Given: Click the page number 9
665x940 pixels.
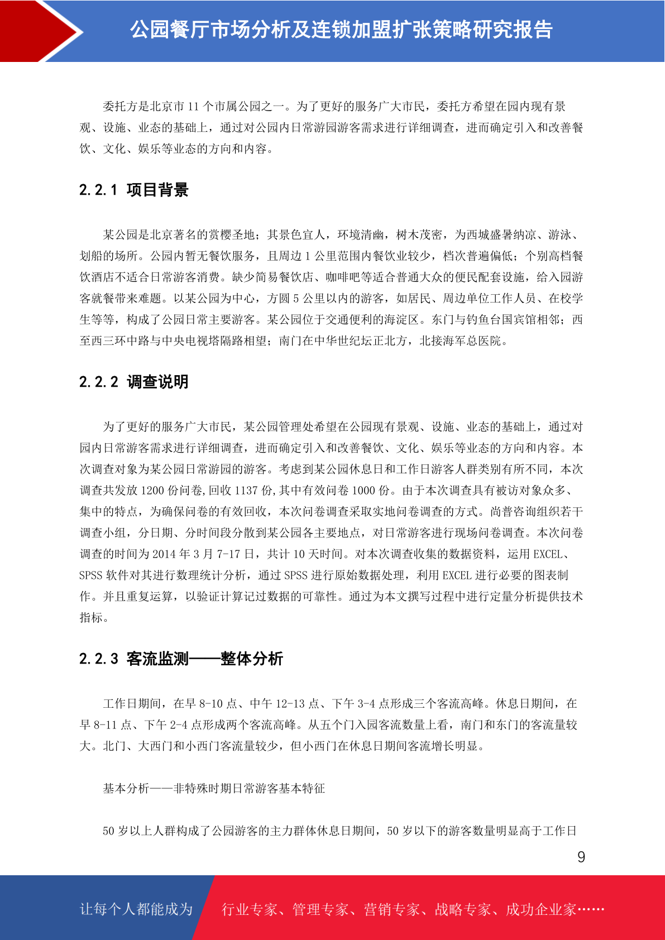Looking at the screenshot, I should [x=581, y=857].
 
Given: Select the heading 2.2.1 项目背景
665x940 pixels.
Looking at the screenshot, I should [x=134, y=190].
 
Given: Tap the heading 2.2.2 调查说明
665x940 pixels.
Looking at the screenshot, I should [x=134, y=382].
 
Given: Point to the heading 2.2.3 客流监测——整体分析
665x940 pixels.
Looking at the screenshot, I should [x=181, y=659].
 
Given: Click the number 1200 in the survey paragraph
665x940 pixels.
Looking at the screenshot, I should [x=152, y=491].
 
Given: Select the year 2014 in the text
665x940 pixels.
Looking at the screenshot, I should [x=164, y=554].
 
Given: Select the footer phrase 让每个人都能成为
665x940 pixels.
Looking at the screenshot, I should [x=136, y=909].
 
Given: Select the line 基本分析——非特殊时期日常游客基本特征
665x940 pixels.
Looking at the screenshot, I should [x=214, y=789].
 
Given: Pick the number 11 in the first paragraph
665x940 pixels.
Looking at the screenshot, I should [x=193, y=107].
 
